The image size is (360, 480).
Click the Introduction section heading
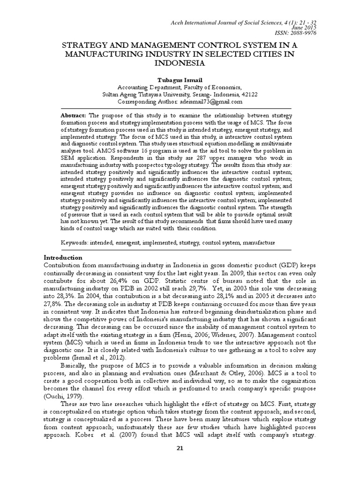coord(63,258)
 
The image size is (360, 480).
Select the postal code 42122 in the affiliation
coord(237,94)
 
